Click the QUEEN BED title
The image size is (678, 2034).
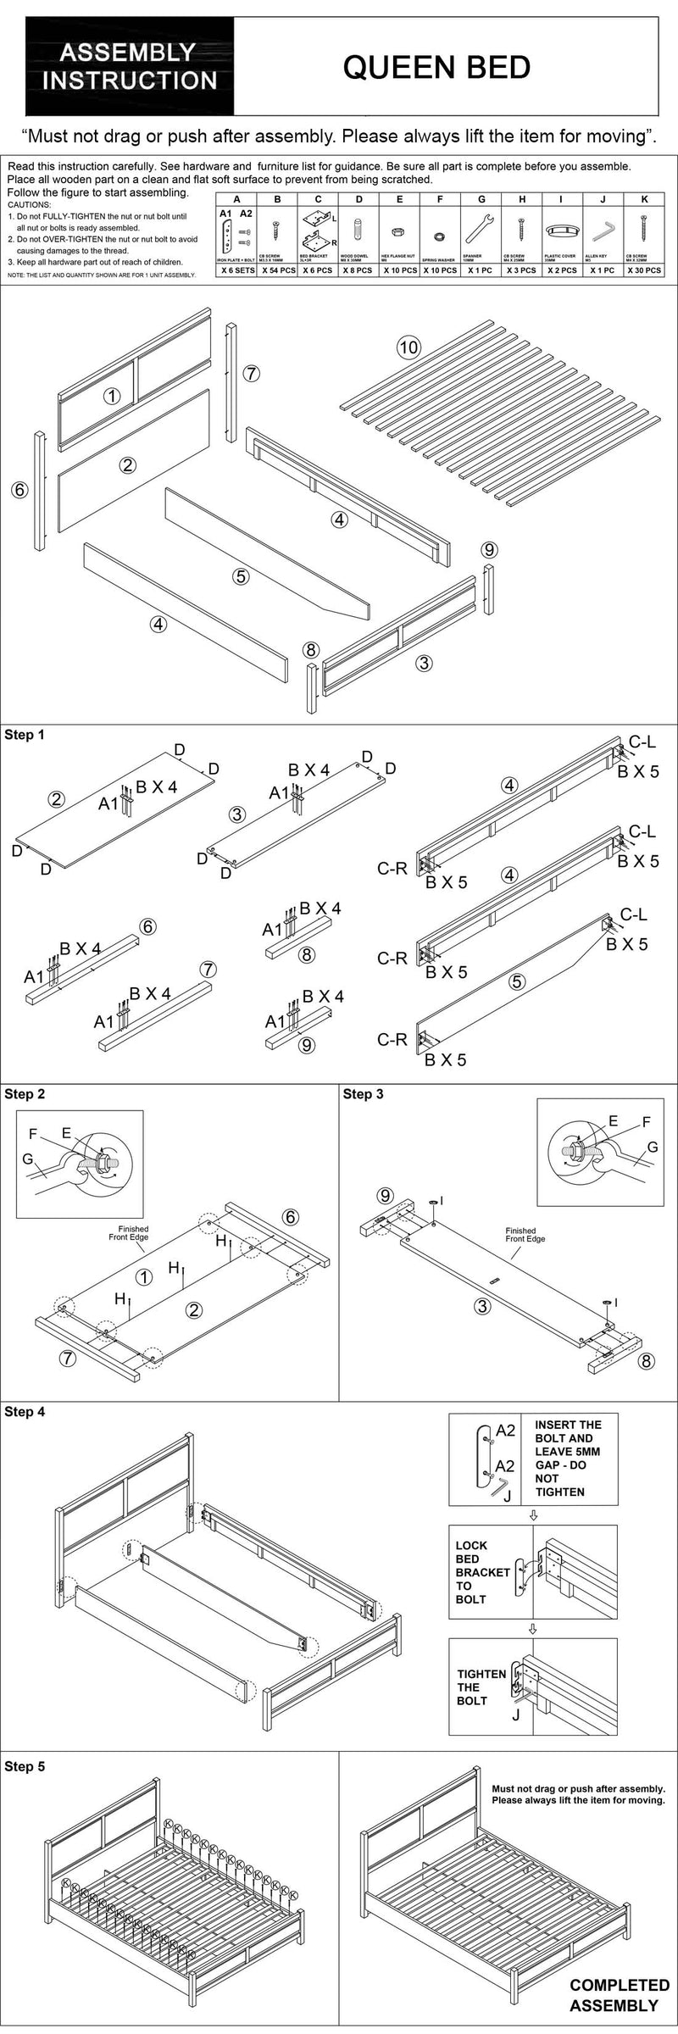click(x=436, y=67)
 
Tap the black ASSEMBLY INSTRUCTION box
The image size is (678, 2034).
click(x=130, y=67)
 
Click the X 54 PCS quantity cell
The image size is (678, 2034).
click(x=277, y=270)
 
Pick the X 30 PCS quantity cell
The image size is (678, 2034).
click(x=643, y=270)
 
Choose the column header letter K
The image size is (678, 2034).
click(x=644, y=200)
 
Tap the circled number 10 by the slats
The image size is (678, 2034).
click(x=408, y=347)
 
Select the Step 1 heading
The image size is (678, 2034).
click(x=25, y=735)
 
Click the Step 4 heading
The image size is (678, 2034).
click(x=25, y=1412)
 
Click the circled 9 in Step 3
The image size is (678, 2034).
click(x=386, y=1196)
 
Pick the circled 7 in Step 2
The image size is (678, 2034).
click(x=68, y=1359)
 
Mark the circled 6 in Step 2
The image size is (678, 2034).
click(x=290, y=1217)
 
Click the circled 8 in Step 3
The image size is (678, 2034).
click(x=646, y=1362)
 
